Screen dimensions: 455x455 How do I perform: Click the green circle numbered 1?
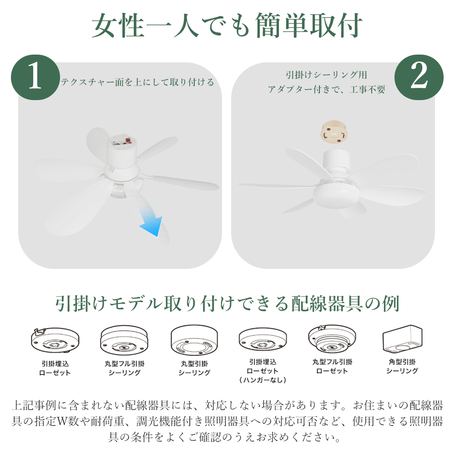pyautogui.click(x=35, y=77)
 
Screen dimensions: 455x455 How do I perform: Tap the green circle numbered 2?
pyautogui.click(x=419, y=77)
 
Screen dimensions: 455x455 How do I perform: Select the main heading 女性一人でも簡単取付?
pyautogui.click(x=227, y=25)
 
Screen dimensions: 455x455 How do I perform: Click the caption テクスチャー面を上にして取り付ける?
pyautogui.click(x=137, y=82)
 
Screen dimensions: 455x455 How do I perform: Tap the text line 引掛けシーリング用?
pyautogui.click(x=326, y=75)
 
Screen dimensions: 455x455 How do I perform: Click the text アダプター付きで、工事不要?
pyautogui.click(x=326, y=89)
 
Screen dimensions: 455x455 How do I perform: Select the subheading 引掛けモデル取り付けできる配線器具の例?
pyautogui.click(x=227, y=303)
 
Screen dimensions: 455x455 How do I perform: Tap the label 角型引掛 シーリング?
pyautogui.click(x=402, y=366)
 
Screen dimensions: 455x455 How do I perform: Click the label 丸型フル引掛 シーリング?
pyautogui.click(x=125, y=368)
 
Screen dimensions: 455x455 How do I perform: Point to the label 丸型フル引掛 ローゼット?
pyautogui.click(x=332, y=366)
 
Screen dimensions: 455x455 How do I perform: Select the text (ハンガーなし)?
pyautogui.click(x=263, y=380)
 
